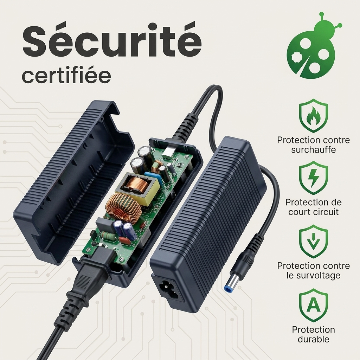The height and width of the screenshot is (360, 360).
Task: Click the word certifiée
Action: pyautogui.click(x=66, y=76)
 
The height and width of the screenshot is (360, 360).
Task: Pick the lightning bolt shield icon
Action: pyautogui.click(x=313, y=178)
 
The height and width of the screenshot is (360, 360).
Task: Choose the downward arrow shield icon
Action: pyautogui.click(x=313, y=242)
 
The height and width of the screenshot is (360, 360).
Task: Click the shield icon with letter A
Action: pyautogui.click(x=313, y=306)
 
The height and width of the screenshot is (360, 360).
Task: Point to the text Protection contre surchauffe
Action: pyautogui.click(x=313, y=145)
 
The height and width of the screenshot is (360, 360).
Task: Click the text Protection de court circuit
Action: pyautogui.click(x=313, y=207)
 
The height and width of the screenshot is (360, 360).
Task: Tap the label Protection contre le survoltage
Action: pyautogui.click(x=313, y=270)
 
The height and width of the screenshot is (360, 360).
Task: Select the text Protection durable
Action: pyautogui.click(x=313, y=334)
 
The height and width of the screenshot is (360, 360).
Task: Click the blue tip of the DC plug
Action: pyautogui.click(x=226, y=288)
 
